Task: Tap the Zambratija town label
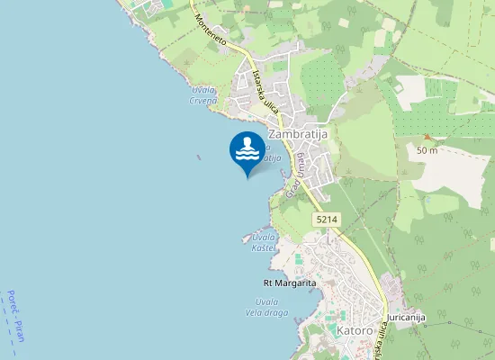tap(297, 134)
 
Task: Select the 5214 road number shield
tap(326, 220)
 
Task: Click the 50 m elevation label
tap(427, 150)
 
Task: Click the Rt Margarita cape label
tap(283, 283)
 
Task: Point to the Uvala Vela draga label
tap(265, 307)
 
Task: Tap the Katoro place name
tap(355, 330)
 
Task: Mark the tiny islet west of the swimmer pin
tap(198, 156)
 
